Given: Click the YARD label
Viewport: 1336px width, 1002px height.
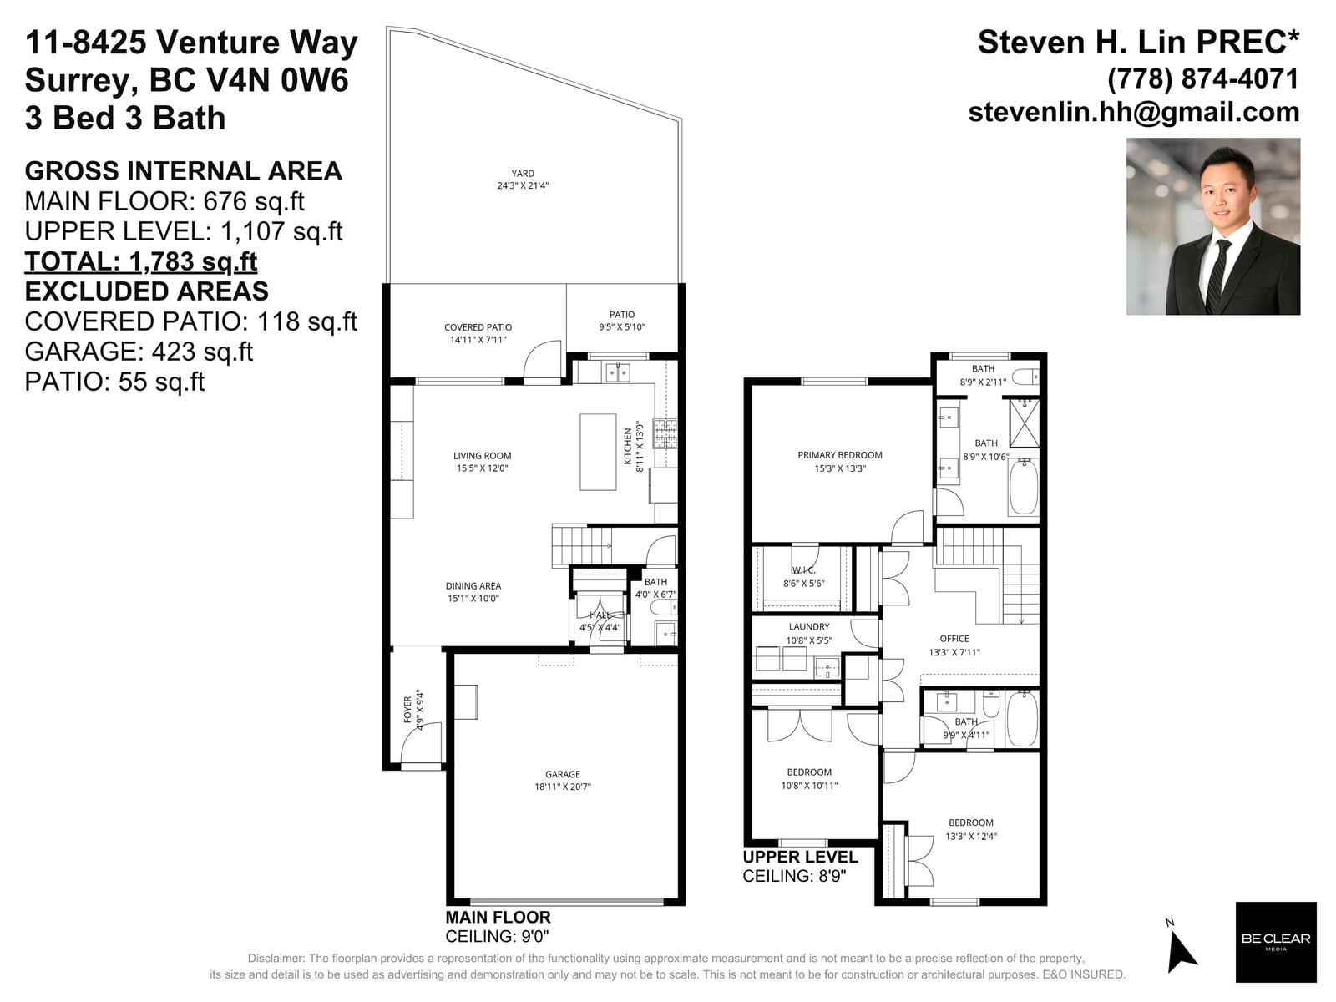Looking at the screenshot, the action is point(522,174).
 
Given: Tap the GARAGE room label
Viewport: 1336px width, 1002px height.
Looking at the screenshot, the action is point(563,774).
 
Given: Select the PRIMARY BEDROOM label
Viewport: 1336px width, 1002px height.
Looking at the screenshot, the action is point(839,455).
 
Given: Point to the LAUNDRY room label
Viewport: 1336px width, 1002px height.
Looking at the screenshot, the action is point(809,626).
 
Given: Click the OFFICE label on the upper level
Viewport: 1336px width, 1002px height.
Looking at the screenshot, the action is point(954,639).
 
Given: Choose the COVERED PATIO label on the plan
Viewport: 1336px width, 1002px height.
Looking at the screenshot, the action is point(478,327).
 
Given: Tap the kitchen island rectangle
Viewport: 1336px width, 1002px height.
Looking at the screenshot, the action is point(598,452).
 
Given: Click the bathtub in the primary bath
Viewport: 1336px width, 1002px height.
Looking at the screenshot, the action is point(1023,488).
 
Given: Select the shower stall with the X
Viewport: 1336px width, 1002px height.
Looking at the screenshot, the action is point(1024,423).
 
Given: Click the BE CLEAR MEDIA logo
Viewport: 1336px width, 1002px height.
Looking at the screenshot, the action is point(1276,942).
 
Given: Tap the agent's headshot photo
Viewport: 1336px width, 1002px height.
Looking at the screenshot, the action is point(1213,226).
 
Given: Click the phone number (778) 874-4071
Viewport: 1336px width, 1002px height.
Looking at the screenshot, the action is point(1203,79).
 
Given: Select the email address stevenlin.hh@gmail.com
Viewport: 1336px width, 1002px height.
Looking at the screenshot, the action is point(1134,113).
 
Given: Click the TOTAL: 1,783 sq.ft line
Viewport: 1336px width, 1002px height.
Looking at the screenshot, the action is point(140,261).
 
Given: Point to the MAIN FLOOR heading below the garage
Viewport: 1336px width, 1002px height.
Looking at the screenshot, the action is point(498,917).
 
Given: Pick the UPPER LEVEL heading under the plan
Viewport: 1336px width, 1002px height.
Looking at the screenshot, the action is point(801,857).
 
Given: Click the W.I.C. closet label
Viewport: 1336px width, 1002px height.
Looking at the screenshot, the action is point(803,570).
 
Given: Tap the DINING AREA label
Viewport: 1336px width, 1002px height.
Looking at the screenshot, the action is point(473,586).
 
